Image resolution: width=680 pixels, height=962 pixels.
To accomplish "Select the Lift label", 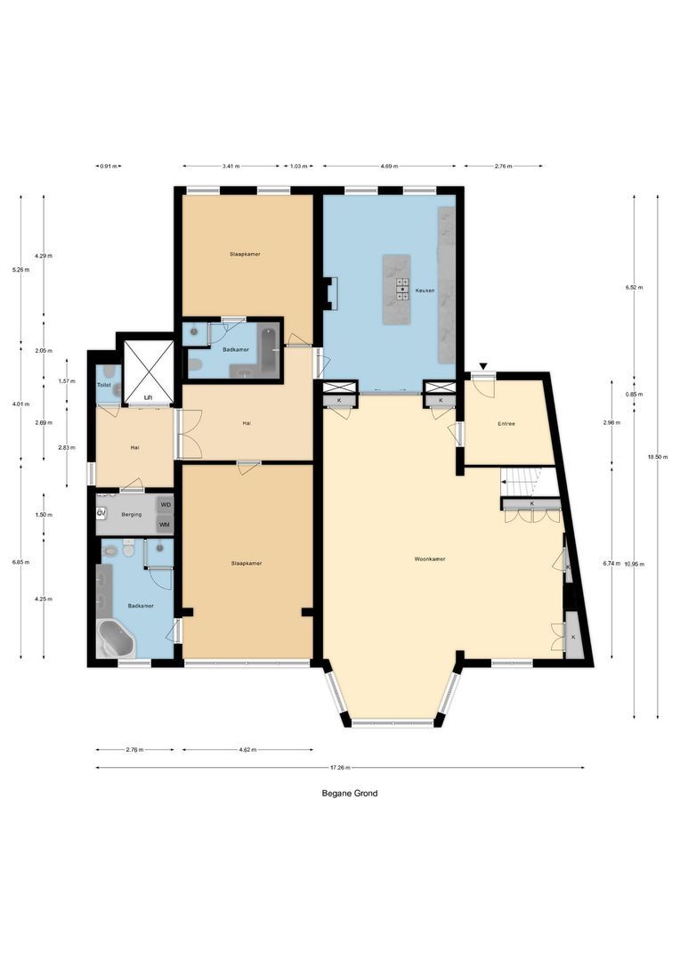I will [x=149, y=397].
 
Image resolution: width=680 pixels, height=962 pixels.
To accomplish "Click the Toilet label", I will [x=103, y=385].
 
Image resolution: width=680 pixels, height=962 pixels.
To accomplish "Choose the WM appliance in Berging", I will [x=164, y=525].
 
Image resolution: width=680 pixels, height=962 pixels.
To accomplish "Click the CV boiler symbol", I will [x=101, y=513].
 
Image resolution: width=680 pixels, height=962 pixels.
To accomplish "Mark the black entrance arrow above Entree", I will [x=482, y=366].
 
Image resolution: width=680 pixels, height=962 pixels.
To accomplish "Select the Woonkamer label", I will [x=430, y=559].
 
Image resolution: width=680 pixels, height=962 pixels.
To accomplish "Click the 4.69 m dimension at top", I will [x=389, y=166].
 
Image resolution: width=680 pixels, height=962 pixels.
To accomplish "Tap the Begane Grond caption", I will [x=349, y=793].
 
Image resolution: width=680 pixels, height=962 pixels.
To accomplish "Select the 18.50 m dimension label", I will [x=658, y=456].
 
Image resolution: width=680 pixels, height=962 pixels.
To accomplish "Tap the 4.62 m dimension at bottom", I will [x=247, y=749].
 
